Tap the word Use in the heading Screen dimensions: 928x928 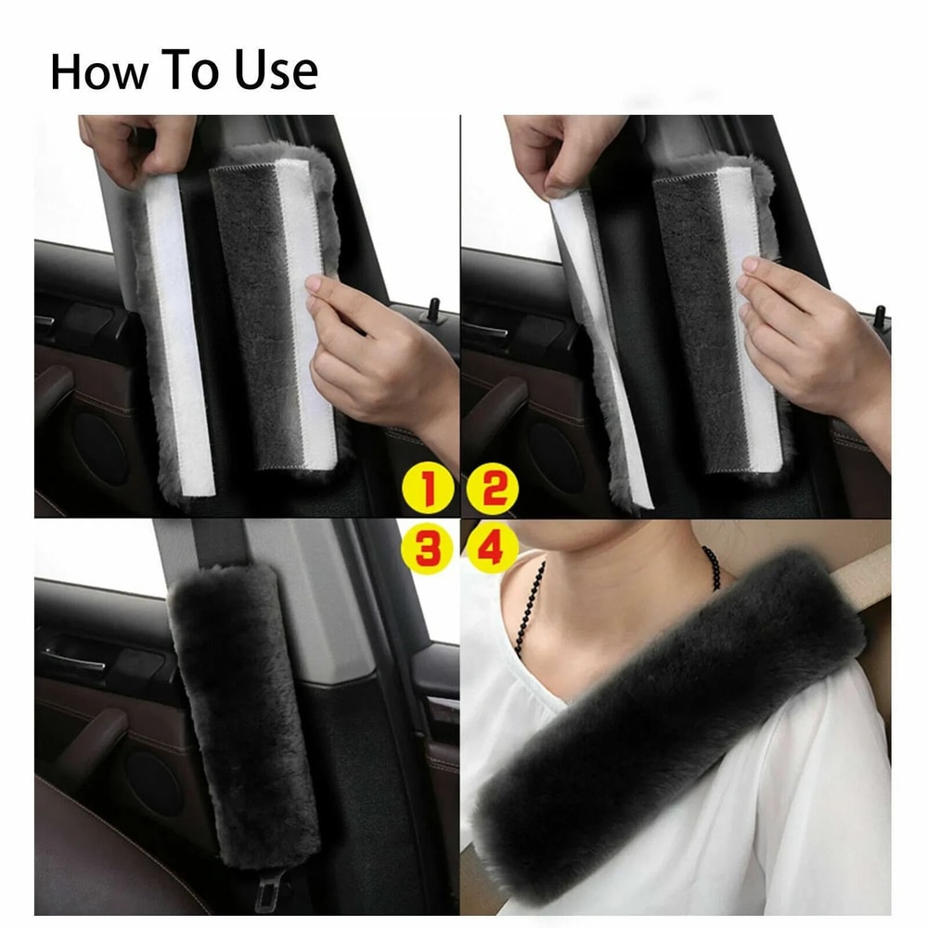277,72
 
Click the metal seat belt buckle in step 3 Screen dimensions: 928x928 270,894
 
